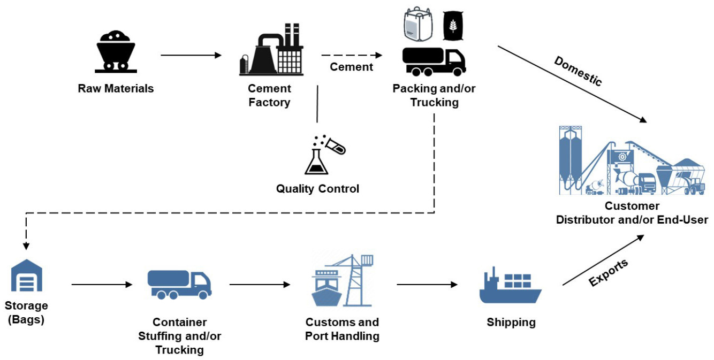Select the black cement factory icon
(x=270, y=50)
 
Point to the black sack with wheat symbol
(x=453, y=26)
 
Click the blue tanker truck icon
(x=179, y=284)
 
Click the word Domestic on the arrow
(x=578, y=71)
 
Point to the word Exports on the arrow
(x=608, y=272)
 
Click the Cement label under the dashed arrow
(x=351, y=67)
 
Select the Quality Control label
(x=317, y=189)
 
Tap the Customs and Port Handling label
(x=342, y=329)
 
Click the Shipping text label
(x=511, y=323)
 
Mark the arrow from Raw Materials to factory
(x=191, y=55)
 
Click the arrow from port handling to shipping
(x=427, y=285)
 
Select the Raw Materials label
(x=116, y=89)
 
